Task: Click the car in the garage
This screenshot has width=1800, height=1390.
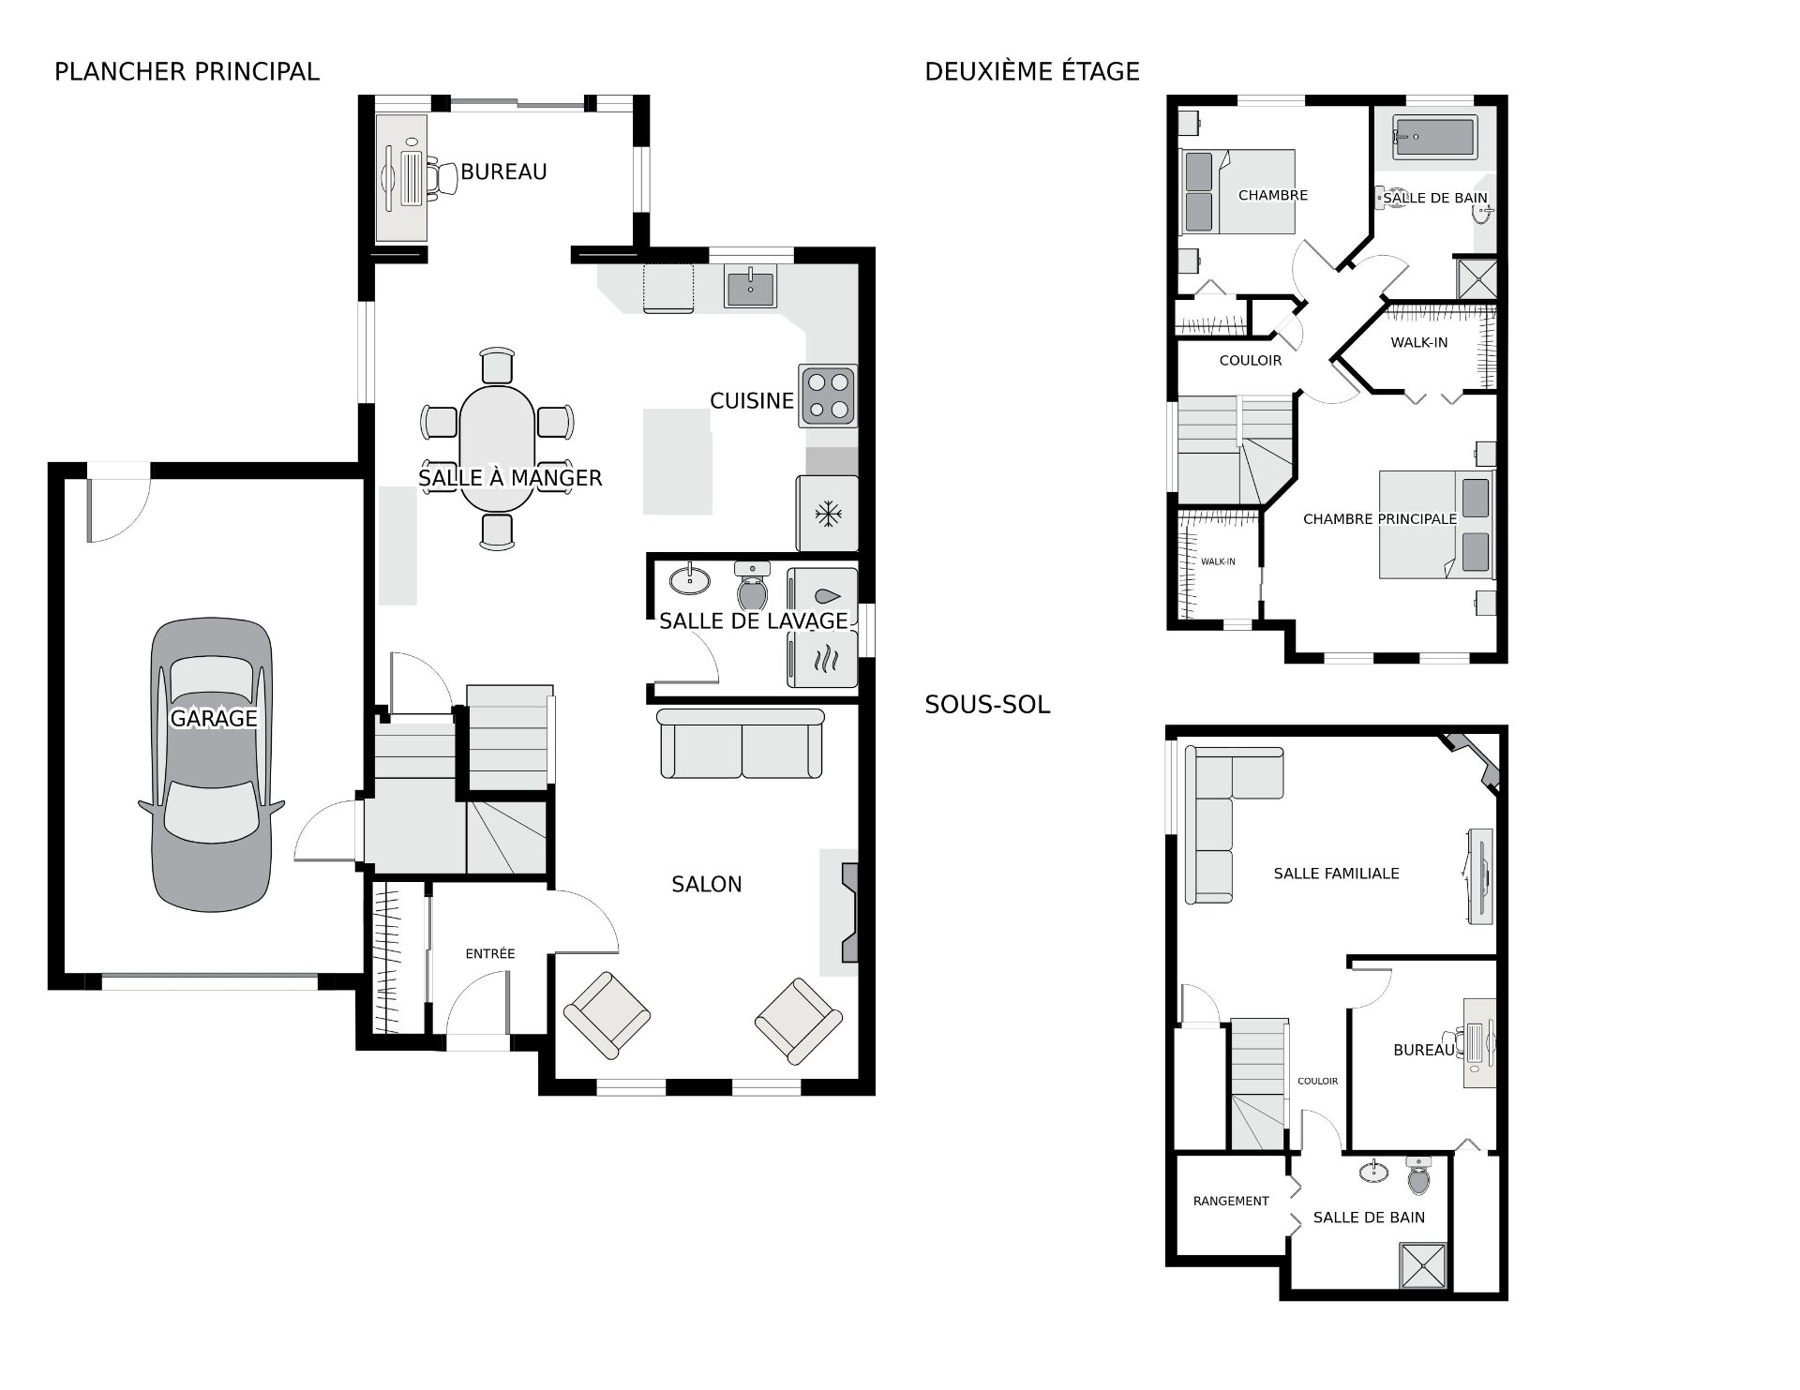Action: point(212,764)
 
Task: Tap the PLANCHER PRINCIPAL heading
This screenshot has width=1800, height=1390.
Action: point(187,71)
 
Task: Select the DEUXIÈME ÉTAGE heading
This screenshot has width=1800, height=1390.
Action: point(1032,71)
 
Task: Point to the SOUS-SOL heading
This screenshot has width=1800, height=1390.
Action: point(987,705)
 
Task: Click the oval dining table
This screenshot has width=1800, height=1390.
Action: point(497,448)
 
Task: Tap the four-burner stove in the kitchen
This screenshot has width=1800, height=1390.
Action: point(828,396)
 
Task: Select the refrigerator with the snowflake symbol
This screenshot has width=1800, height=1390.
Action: point(827,513)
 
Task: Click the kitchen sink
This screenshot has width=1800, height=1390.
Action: point(750,287)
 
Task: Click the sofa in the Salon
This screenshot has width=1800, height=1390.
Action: point(741,743)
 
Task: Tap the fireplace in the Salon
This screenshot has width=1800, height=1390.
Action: point(849,912)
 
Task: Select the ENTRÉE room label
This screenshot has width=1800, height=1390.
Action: point(490,953)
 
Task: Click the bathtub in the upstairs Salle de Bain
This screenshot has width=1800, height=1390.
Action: point(1434,137)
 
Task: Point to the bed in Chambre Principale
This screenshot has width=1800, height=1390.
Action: point(1435,524)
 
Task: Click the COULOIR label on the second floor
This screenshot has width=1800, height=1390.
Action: point(1250,360)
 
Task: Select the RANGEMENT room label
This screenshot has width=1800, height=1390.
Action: point(1231,1201)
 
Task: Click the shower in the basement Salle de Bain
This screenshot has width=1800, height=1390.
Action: point(1423,1267)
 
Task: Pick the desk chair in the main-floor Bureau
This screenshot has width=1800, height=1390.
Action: point(442,178)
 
